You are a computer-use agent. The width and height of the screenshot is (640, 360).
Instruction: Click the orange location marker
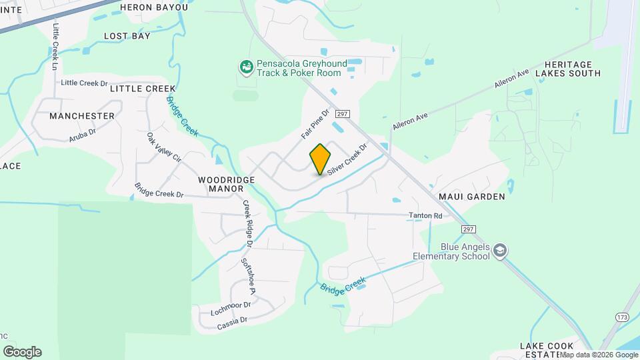point(320,159)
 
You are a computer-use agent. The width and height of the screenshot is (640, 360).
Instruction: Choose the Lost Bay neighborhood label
point(127,36)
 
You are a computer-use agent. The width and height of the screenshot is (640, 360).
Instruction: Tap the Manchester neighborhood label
point(82,115)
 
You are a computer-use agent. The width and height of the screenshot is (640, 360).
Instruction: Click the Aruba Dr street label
point(83,134)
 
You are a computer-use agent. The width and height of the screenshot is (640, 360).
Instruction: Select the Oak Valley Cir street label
point(164,147)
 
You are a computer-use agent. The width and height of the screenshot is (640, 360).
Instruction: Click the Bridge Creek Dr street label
point(159,190)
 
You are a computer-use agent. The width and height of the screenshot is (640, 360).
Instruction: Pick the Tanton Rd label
point(425,216)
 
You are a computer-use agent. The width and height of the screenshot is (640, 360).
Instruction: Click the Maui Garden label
point(471,197)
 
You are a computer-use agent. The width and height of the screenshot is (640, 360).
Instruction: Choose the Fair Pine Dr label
point(315,124)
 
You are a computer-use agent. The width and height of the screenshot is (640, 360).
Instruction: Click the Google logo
point(22,352)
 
